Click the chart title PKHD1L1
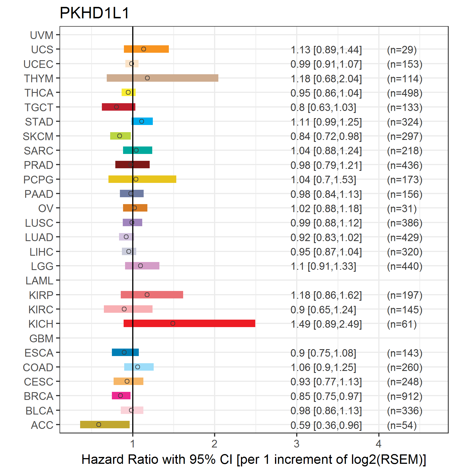coord(94,13)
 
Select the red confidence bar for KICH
coord(189,323)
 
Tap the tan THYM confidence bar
coord(163,78)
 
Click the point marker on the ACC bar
coord(99,425)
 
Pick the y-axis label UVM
coord(42,35)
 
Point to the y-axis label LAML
coord(39,281)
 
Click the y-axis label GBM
coord(41,339)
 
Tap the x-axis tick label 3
coord(296,444)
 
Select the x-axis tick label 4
coord(379,444)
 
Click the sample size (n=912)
coord(405,396)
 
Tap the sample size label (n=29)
coord(402,50)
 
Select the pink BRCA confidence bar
coord(121,396)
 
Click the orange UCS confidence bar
coord(146,49)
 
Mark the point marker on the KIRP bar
coord(147,295)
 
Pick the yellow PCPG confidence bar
coord(142,179)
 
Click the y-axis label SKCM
coord(38,136)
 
